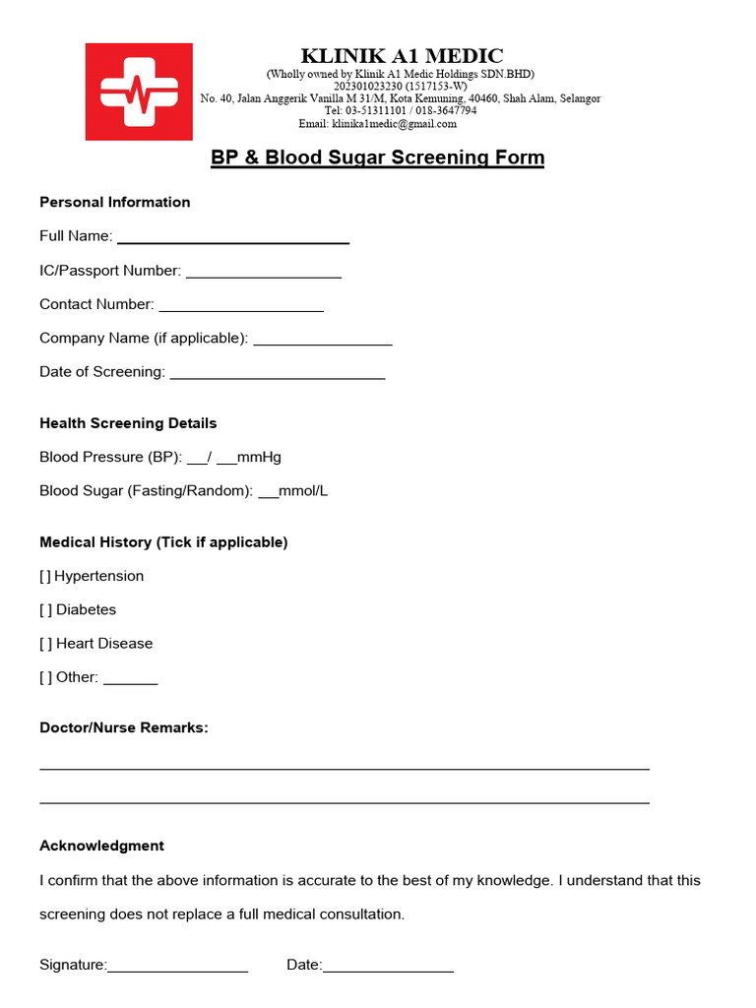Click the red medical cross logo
tap(139, 92)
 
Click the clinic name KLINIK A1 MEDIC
tap(401, 56)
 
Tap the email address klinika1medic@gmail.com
tap(394, 124)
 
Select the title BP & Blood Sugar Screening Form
tap(377, 157)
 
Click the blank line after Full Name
tap(233, 239)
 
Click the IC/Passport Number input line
tap(263, 274)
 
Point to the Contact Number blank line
tap(241, 307)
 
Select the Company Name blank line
tap(323, 341)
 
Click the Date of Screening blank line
tap(278, 375)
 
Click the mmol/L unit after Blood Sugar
tap(304, 490)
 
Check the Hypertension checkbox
tap(45, 576)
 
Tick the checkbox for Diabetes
tap(45, 609)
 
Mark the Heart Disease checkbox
tap(45, 643)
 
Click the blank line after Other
tap(130, 680)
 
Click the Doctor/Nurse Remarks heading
tap(124, 727)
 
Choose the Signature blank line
tap(177, 969)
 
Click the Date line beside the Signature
tap(388, 969)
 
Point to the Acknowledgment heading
tap(101, 846)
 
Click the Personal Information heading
tap(114, 202)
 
